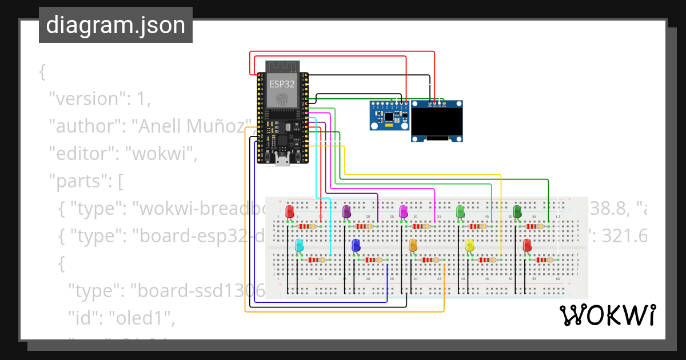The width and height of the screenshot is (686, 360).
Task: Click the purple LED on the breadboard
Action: pos(346,211)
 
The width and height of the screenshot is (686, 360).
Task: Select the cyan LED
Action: pos(299,246)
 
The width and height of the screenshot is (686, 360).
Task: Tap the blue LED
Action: pos(356,246)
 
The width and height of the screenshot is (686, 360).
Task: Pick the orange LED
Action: pos(413,246)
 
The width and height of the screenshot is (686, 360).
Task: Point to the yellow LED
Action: pos(470,246)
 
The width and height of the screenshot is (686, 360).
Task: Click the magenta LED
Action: pos(404,211)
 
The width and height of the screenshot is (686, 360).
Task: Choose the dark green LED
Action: pos(517,211)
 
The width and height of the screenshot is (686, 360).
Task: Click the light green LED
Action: pos(460,211)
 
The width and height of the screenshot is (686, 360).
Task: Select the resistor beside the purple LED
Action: pos(364,227)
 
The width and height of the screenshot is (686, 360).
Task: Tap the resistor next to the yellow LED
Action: pos(488,260)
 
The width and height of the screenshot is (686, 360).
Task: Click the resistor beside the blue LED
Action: pos(373,260)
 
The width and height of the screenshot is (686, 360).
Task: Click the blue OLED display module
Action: pos(437,121)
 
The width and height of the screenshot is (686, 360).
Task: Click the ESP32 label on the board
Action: pos(282,84)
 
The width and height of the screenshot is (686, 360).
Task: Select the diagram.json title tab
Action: pos(115,25)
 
